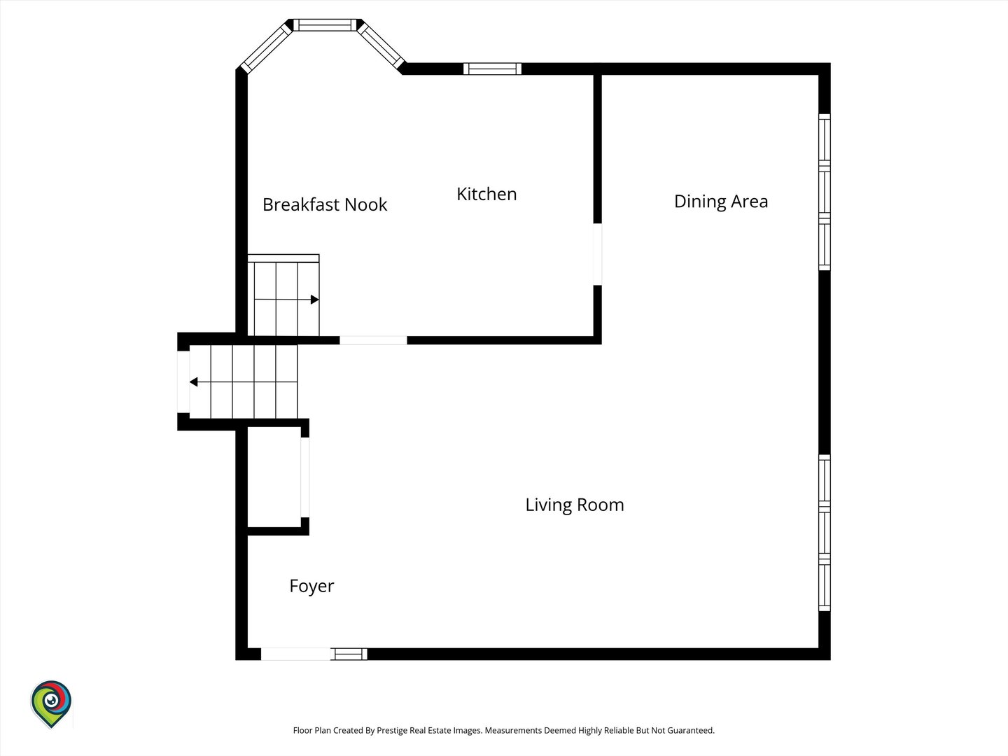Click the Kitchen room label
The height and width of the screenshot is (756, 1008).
coord(486,194)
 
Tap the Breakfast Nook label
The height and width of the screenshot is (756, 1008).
coord(325,204)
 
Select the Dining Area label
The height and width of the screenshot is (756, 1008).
coord(720,202)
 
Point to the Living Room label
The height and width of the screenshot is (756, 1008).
coord(575,505)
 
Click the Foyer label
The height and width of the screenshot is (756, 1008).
coord(311,587)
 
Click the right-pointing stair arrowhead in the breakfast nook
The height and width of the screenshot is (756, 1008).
coord(314,300)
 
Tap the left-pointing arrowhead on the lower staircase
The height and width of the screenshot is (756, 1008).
coord(194,382)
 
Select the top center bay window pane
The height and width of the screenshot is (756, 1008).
coord(325,24)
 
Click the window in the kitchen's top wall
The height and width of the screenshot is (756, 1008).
coord(492,69)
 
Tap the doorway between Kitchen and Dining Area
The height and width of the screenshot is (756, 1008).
coord(598,254)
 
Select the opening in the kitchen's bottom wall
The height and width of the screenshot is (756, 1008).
coord(373,340)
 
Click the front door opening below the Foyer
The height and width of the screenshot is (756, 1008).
coord(295,654)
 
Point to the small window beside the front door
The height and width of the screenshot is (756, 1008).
coord(349,654)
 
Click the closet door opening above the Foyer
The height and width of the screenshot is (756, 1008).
coord(305,477)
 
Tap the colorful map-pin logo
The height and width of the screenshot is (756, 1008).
coord(51,704)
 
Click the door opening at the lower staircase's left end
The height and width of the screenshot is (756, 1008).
coord(183,382)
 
